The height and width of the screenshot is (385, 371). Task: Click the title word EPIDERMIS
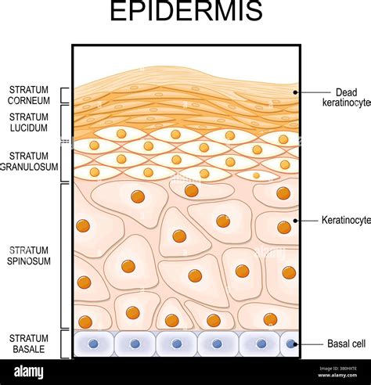pyautogui.click(x=185, y=14)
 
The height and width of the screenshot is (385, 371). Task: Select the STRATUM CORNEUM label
pyautogui.click(x=30, y=95)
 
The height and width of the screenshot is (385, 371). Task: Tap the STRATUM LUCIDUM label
pyautogui.click(x=30, y=121)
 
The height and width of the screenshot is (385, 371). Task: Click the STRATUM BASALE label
pyautogui.click(x=30, y=344)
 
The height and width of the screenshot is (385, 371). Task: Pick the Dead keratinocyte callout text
pyautogui.click(x=344, y=96)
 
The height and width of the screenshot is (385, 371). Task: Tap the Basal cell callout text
pyautogui.click(x=344, y=344)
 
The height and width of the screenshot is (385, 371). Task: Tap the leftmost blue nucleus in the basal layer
pyautogui.click(x=94, y=344)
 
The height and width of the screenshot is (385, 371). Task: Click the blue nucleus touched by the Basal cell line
pyautogui.click(x=291, y=344)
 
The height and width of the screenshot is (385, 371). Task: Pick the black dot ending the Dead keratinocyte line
pyautogui.click(x=295, y=92)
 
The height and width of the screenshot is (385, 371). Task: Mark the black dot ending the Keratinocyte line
pyautogui.click(x=295, y=221)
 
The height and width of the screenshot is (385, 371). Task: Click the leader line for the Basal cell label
pyautogui.click(x=309, y=344)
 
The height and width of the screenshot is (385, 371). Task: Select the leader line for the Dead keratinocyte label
pyautogui.click(x=309, y=92)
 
